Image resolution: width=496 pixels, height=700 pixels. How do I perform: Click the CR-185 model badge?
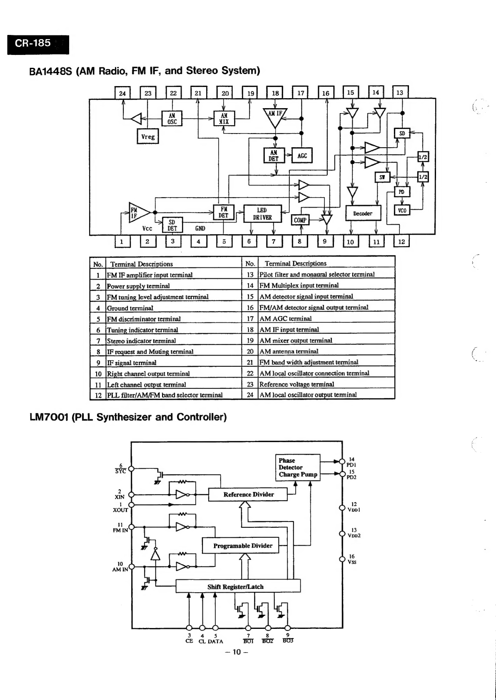click(x=38, y=45)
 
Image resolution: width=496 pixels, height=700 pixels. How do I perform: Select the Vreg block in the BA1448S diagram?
click(x=148, y=136)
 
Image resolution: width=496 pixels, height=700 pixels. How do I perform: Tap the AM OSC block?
click(x=172, y=119)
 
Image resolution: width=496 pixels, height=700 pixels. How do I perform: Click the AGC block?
click(x=302, y=155)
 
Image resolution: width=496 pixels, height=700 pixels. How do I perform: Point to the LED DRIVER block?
click(x=262, y=214)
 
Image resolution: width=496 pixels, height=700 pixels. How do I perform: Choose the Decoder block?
click(x=363, y=213)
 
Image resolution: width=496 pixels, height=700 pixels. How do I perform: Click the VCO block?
click(x=402, y=210)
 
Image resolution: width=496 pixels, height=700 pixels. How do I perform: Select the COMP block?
click(x=300, y=220)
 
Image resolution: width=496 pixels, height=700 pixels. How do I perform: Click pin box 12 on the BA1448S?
click(x=401, y=242)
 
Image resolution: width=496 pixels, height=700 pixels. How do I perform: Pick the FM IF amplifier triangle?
click(x=139, y=213)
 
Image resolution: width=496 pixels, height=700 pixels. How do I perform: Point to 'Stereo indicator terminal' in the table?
click(x=142, y=341)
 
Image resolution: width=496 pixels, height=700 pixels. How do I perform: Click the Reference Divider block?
click(x=248, y=495)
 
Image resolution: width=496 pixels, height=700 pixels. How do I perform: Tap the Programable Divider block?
click(x=240, y=546)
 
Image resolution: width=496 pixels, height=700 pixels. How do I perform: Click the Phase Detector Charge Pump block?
click(x=298, y=467)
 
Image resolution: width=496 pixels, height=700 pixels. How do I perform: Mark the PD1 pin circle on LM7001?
click(x=342, y=461)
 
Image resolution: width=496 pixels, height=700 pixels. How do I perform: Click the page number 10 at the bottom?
click(x=237, y=652)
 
